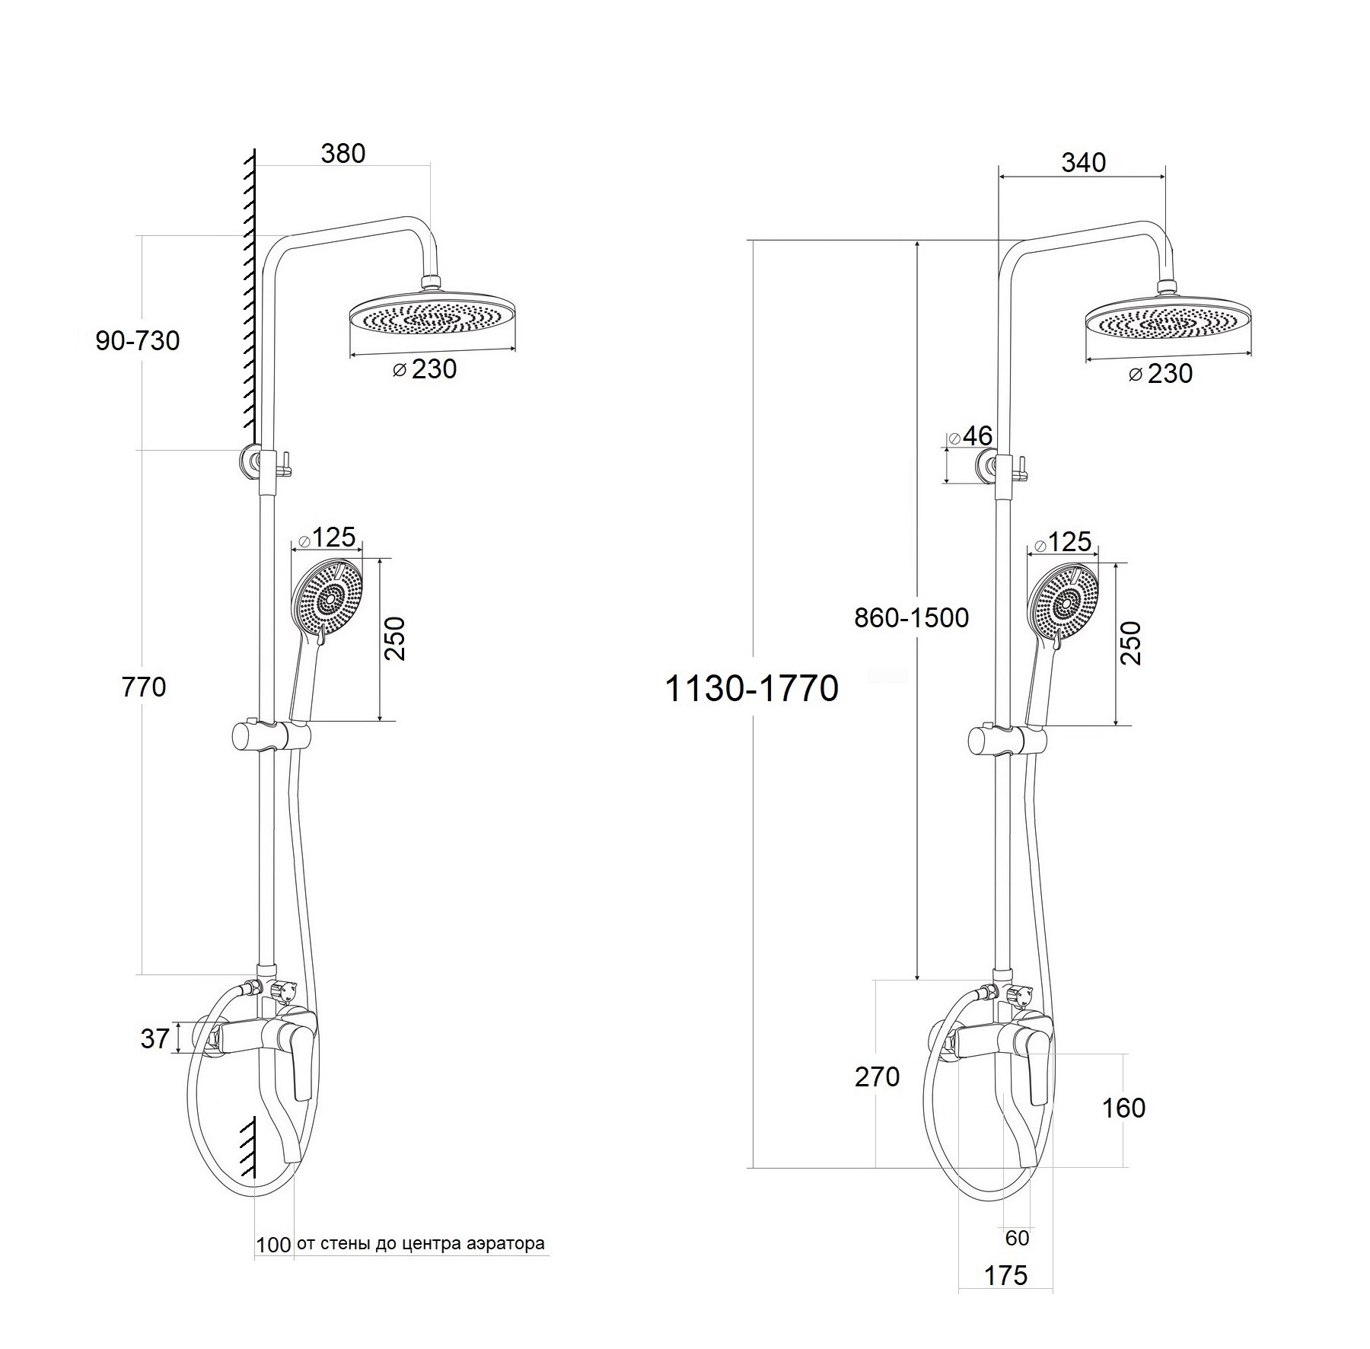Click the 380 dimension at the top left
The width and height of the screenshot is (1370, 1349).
(343, 154)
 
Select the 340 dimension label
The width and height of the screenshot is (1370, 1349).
(1084, 163)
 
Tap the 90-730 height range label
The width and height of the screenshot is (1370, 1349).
(138, 340)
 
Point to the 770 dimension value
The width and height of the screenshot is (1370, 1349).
(144, 687)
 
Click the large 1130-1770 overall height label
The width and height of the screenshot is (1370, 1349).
(752, 689)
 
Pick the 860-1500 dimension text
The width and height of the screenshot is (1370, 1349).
(912, 617)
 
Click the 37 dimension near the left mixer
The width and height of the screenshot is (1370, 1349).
(155, 1039)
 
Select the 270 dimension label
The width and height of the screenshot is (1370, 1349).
(877, 1077)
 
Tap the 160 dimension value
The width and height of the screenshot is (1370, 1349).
(1123, 1108)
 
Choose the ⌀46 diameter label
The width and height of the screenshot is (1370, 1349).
(970, 436)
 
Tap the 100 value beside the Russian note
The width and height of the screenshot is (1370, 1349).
(273, 1245)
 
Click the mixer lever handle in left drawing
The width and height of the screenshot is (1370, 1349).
(299, 1054)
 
